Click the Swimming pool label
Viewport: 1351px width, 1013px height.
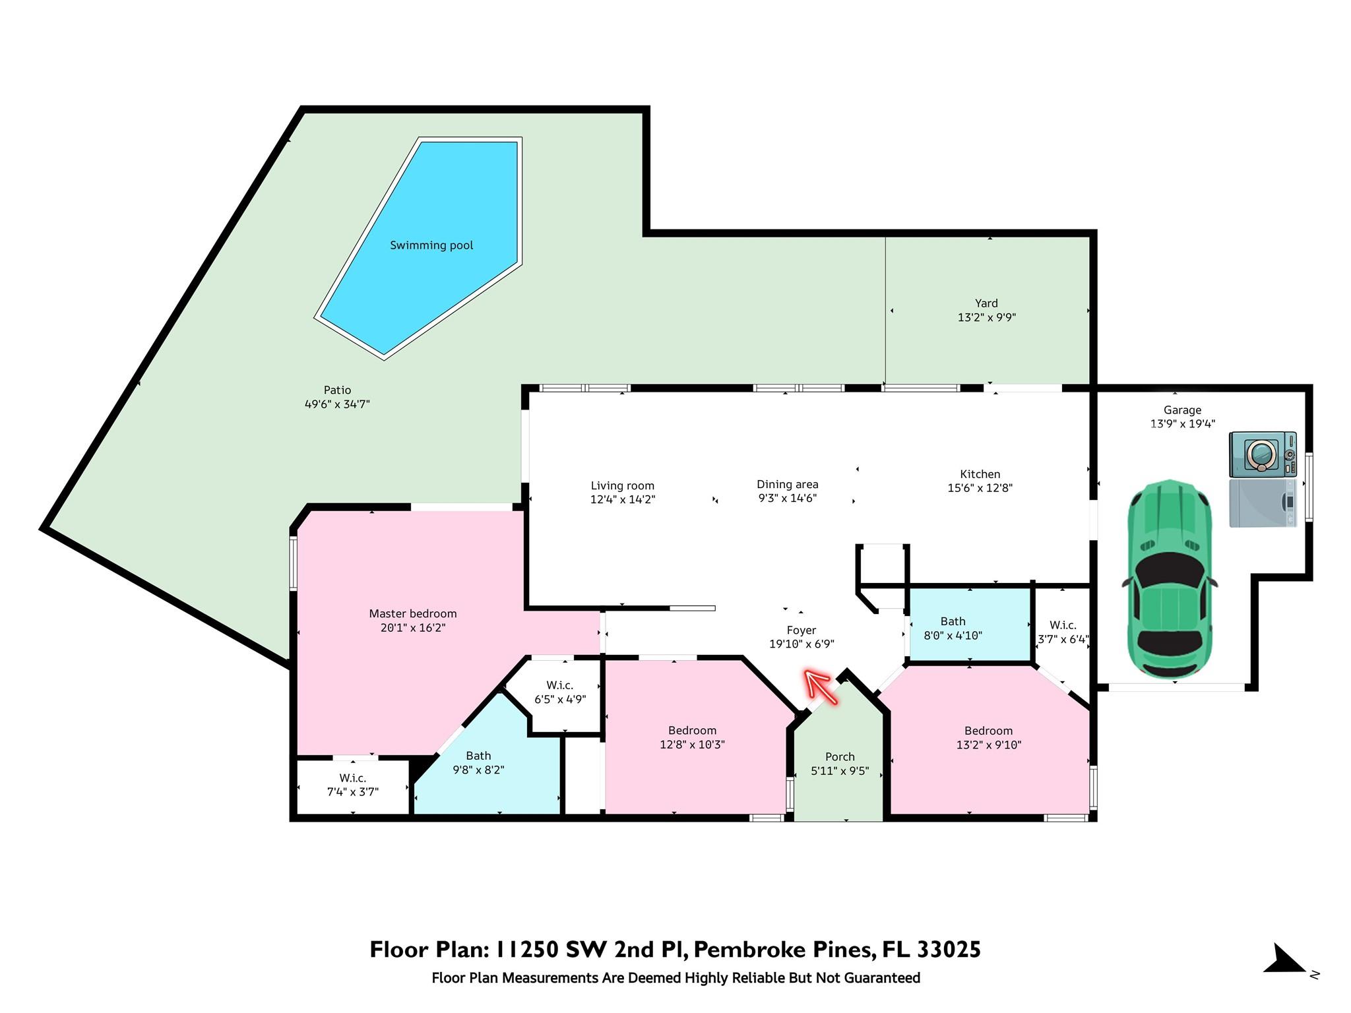point(431,245)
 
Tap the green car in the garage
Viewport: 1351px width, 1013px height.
point(1170,580)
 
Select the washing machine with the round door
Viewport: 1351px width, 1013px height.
point(1263,454)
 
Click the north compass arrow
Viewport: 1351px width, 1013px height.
point(1284,960)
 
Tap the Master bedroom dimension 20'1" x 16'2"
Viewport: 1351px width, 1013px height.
point(413,628)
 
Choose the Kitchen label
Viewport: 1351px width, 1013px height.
point(980,474)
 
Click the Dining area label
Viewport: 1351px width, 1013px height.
point(788,484)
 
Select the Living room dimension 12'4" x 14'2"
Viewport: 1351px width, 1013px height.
point(623,500)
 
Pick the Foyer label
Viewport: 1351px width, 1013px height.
point(801,630)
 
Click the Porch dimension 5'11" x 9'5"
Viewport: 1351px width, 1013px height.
point(840,771)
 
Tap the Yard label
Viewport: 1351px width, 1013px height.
point(986,303)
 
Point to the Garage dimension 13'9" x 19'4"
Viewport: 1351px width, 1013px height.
point(1183,424)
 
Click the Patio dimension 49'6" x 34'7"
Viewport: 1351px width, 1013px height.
point(337,404)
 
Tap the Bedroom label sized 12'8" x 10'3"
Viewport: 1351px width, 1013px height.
point(692,731)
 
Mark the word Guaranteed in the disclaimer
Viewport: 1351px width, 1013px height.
point(882,978)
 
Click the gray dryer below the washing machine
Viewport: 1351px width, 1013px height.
point(1263,503)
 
